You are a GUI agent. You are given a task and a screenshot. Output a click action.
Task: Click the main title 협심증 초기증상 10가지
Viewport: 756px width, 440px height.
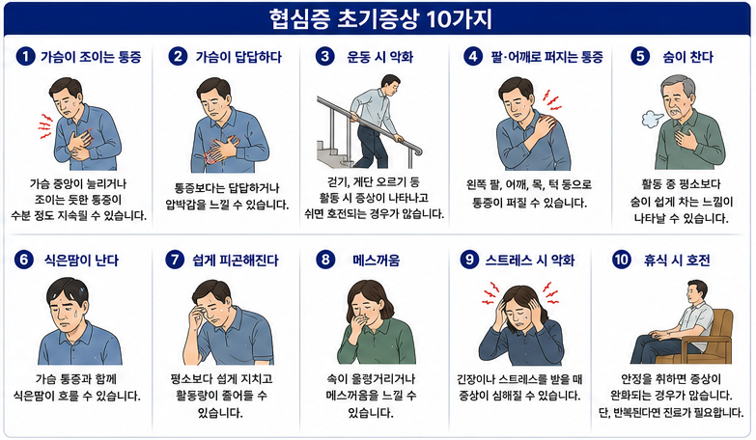[379, 19]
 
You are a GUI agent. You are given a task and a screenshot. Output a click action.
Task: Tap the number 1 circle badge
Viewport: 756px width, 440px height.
[25, 57]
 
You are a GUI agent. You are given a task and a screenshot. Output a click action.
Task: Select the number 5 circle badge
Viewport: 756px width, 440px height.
[640, 56]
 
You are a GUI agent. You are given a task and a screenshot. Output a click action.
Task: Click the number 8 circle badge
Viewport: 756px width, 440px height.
[325, 261]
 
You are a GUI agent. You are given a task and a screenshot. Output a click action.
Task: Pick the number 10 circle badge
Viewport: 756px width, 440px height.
[622, 261]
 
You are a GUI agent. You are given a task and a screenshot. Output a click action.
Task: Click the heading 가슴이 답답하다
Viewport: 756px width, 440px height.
[238, 57]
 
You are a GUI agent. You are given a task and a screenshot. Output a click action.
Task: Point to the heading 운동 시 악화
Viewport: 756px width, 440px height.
[379, 57]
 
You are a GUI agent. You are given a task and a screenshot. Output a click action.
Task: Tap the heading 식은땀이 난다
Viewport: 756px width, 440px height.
[81, 261]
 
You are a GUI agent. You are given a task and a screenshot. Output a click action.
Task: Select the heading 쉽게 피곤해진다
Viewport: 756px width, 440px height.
[236, 261]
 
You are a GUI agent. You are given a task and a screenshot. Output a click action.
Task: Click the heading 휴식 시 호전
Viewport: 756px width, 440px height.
[677, 261]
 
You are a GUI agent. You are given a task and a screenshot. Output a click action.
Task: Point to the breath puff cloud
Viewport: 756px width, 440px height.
[652, 118]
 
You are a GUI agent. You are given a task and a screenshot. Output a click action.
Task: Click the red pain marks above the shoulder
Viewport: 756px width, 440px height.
[551, 99]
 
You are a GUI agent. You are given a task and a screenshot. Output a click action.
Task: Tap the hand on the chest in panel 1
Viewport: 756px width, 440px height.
[81, 141]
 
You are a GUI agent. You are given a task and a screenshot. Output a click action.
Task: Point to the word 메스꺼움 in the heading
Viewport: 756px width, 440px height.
[377, 261]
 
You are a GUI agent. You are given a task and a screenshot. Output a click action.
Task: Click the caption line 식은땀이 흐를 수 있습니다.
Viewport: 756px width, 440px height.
[76, 397]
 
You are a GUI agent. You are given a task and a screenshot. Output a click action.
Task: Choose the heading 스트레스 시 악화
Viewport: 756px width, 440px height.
[529, 261]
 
